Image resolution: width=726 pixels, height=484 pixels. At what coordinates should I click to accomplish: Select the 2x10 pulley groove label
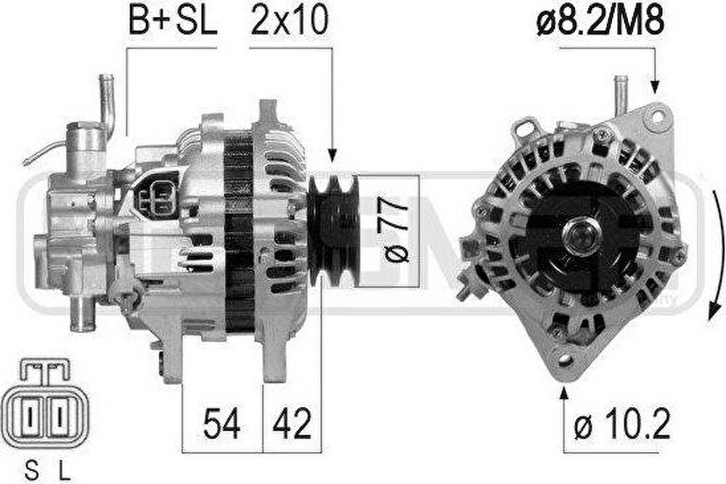(290, 20)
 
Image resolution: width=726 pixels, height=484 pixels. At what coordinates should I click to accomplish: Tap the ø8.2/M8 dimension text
(600, 21)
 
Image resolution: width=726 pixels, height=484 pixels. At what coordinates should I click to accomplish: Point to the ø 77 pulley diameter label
(395, 230)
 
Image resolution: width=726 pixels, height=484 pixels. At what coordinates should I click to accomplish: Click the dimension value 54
(222, 423)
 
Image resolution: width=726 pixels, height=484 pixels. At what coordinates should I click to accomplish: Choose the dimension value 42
(292, 423)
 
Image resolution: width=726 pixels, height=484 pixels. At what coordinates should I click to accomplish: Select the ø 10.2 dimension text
(622, 423)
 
